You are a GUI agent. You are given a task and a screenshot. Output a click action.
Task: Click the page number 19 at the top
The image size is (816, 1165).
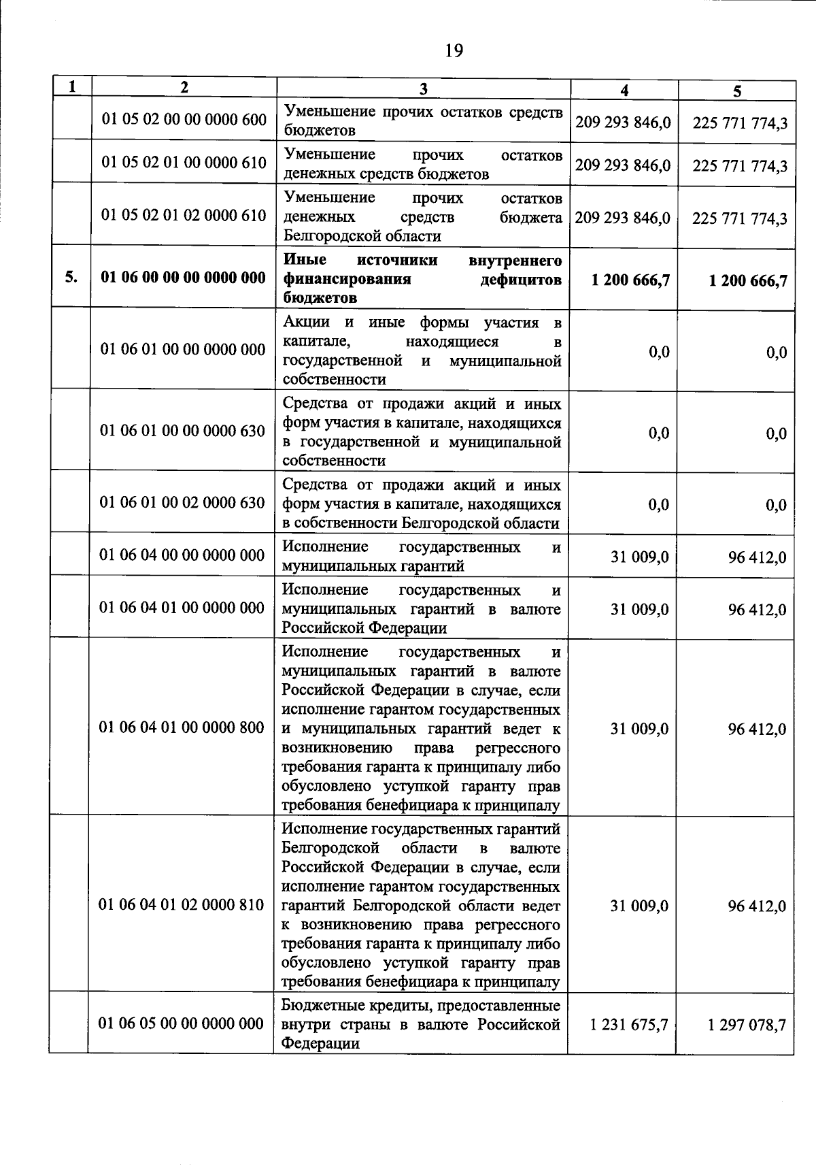tap(454, 51)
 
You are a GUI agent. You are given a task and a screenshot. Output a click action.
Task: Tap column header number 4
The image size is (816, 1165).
tap(624, 91)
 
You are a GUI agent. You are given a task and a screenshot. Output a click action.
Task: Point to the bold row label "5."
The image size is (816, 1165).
tap(71, 277)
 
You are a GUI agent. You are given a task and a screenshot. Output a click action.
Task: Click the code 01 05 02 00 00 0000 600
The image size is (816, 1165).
tap(184, 120)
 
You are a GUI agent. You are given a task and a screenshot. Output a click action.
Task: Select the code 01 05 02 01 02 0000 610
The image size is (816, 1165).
tap(184, 216)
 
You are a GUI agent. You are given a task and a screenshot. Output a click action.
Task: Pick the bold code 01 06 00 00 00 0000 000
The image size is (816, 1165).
tap(183, 278)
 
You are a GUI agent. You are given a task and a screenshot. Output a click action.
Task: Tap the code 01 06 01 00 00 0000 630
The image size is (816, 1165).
tap(182, 431)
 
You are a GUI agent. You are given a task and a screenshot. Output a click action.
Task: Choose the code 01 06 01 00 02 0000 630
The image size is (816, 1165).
tap(182, 503)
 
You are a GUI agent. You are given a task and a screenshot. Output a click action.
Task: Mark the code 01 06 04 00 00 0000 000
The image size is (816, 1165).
tap(182, 555)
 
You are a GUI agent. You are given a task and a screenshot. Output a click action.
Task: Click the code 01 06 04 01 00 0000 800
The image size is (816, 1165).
tap(182, 727)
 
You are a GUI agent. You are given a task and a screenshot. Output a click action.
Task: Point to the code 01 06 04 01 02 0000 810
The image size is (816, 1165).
tap(182, 904)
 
